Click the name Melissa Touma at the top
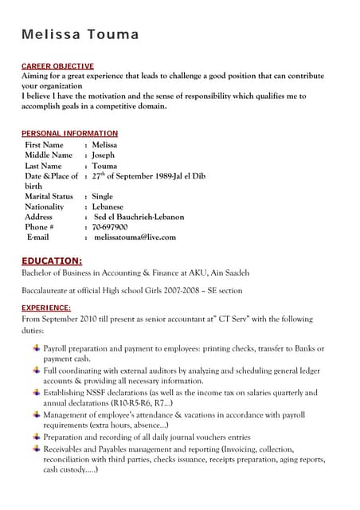click(x=80, y=34)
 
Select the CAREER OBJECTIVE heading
click(x=57, y=65)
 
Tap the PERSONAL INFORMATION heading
click(x=69, y=133)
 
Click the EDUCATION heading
click(x=52, y=261)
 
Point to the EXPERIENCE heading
click(x=45, y=308)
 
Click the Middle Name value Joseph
click(x=104, y=155)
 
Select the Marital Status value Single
click(x=103, y=196)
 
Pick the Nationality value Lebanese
click(x=108, y=206)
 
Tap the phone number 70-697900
click(x=110, y=227)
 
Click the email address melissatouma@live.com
click(x=135, y=237)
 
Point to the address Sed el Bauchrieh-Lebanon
click(x=139, y=217)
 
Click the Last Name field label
click(x=44, y=166)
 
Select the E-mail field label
click(x=38, y=237)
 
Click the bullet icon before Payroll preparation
click(x=36, y=348)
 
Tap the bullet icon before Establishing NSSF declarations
click(x=36, y=392)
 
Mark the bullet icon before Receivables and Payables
click(x=36, y=449)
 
